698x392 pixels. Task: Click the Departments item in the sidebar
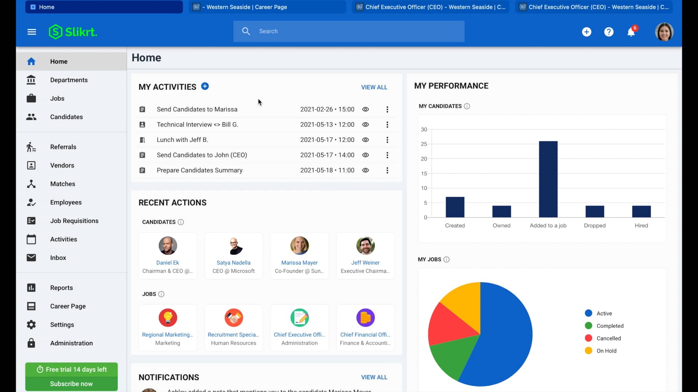[x=69, y=80]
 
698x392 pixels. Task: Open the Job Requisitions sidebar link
[x=74, y=221]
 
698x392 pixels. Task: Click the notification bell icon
[x=631, y=32]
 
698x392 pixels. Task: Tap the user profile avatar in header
[x=664, y=32]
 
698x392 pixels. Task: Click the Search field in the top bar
[x=349, y=31]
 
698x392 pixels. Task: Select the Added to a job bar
[x=548, y=179]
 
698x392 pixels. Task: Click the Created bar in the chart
[x=455, y=207]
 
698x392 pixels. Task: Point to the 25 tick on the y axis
[x=424, y=144]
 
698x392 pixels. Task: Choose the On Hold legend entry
[x=606, y=351]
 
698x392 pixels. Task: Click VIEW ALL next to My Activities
[x=374, y=87]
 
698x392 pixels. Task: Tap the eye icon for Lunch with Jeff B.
[x=365, y=140]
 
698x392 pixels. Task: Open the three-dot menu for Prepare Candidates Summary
[x=387, y=170]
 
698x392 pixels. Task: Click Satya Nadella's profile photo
[x=234, y=246]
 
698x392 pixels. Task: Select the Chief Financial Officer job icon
[x=365, y=318]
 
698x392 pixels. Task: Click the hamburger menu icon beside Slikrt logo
[x=32, y=32]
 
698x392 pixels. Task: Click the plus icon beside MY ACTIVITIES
[x=205, y=86]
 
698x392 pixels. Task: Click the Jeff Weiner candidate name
[x=365, y=262]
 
